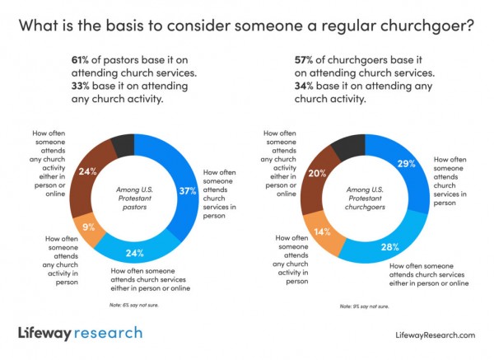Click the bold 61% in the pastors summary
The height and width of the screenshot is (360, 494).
[x=81, y=59]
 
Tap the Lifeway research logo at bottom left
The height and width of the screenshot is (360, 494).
[x=79, y=333]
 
